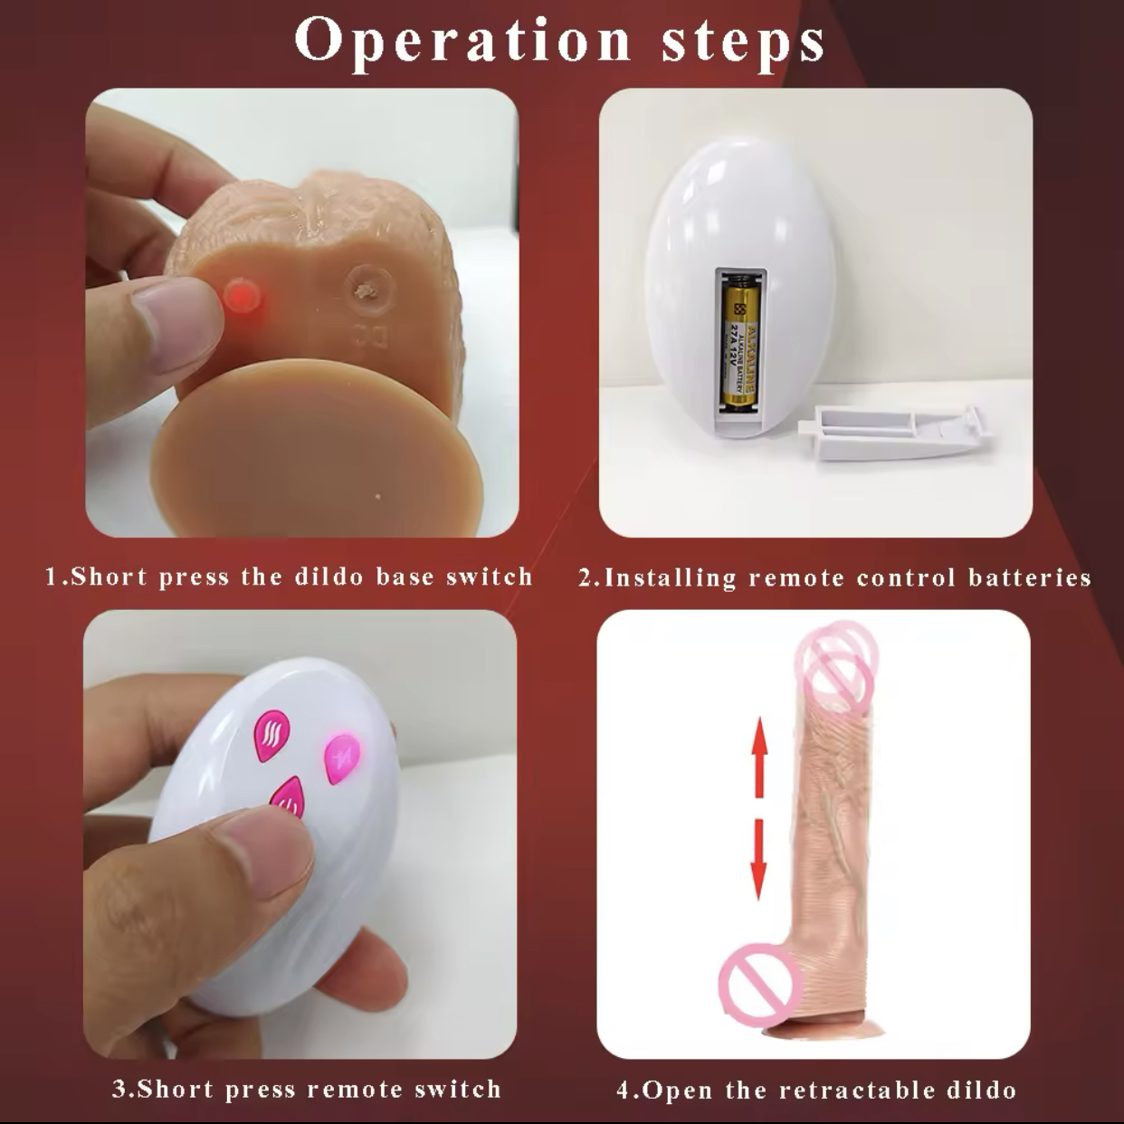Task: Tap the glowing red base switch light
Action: pos(243,294)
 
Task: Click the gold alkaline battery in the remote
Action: pos(739,345)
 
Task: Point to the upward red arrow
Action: pos(759,757)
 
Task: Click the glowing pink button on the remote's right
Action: pos(341,757)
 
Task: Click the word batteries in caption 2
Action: pos(1030,577)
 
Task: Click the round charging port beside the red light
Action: pos(367,285)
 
